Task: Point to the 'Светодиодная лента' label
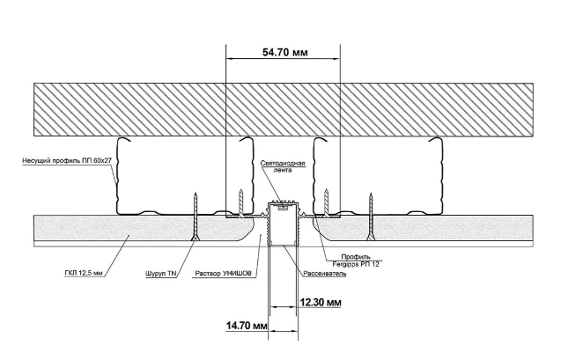coord(281,166)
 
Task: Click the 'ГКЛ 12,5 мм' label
coord(82,274)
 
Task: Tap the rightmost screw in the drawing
coord(373,216)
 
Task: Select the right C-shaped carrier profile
coord(379,176)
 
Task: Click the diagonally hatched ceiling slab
coord(283,108)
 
